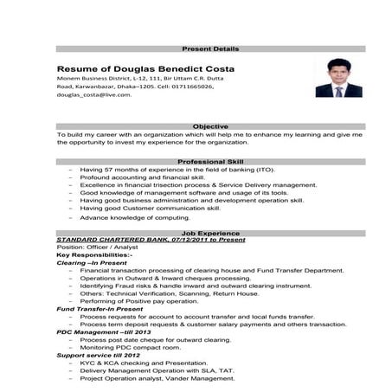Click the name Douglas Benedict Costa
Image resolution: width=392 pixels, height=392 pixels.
pos(145,68)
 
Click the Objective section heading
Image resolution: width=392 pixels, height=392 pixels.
pos(211,126)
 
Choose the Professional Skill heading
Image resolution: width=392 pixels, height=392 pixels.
pos(211,163)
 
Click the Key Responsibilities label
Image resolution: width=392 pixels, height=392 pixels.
pos(93,256)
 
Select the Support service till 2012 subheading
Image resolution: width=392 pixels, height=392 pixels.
pos(97,355)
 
